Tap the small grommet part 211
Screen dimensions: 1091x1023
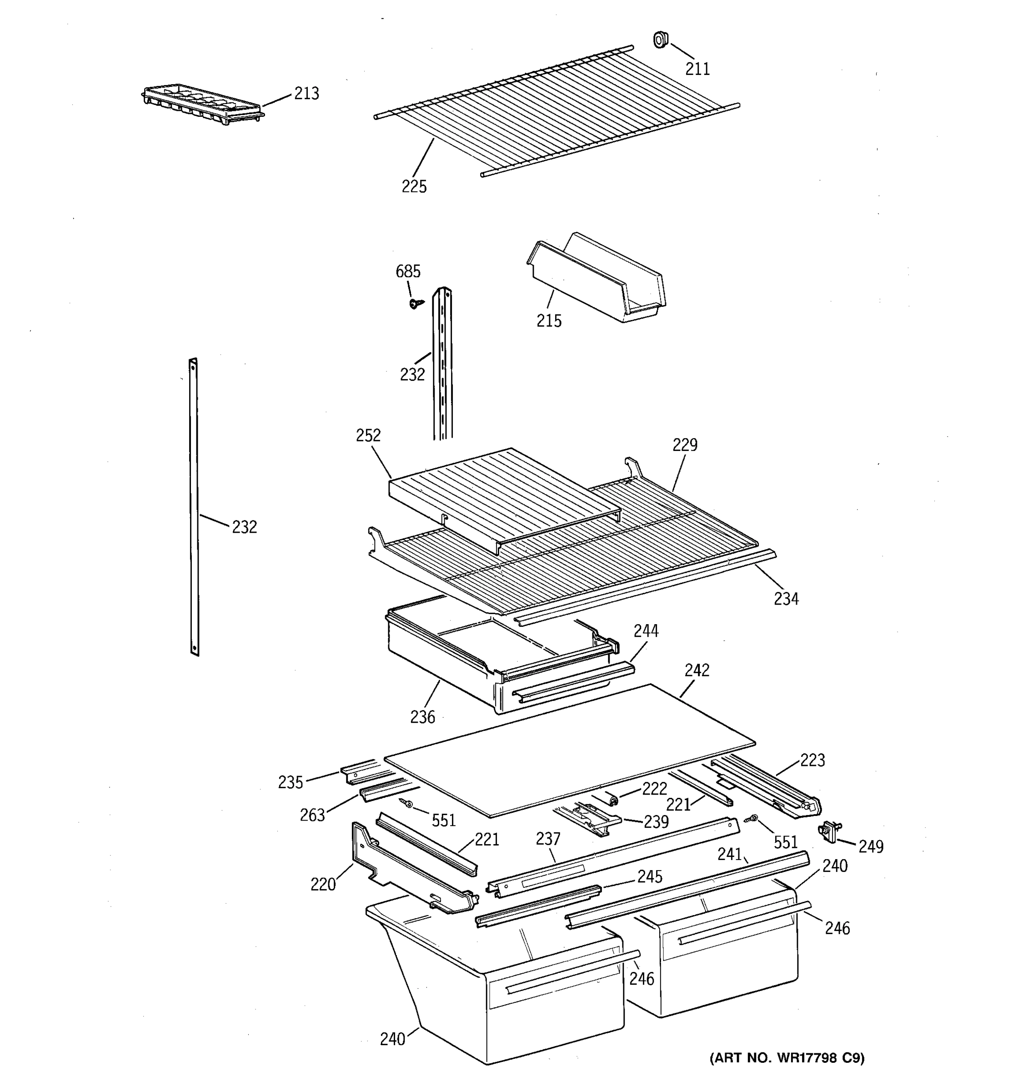click(x=660, y=40)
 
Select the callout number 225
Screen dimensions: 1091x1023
click(x=414, y=186)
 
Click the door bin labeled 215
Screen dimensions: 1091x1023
click(x=596, y=280)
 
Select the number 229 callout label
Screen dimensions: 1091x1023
click(x=685, y=445)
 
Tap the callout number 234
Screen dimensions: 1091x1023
click(x=786, y=599)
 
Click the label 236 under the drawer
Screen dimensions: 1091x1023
click(x=422, y=717)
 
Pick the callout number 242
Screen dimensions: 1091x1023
click(x=697, y=670)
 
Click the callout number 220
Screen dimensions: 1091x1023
click(x=323, y=884)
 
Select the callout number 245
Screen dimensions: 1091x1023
click(x=649, y=876)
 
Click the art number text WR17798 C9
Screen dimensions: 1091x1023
click(x=787, y=1057)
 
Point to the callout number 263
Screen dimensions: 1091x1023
click(x=312, y=815)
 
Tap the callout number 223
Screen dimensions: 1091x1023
click(x=812, y=760)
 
